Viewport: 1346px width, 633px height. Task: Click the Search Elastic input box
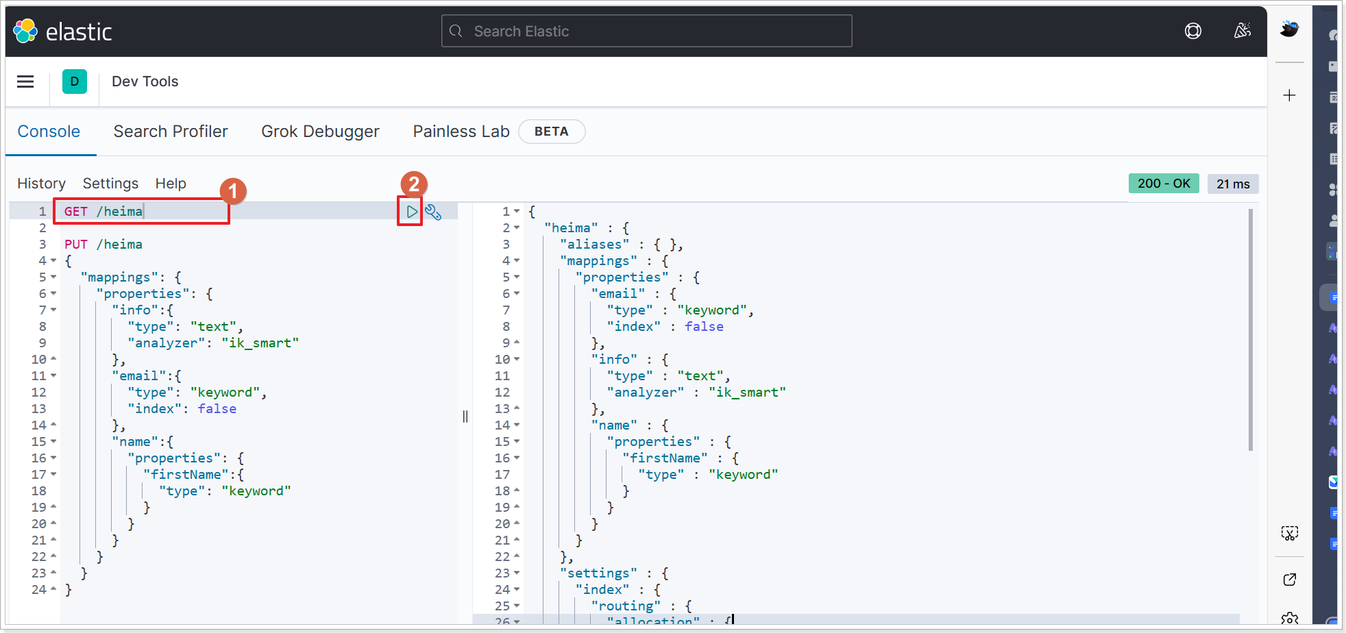coord(646,32)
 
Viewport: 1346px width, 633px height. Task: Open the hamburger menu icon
coord(25,82)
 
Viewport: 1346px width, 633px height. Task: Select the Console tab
coord(49,132)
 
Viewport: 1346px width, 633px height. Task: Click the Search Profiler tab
coord(171,132)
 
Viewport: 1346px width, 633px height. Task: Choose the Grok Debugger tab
coord(320,132)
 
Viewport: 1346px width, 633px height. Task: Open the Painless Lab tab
coord(461,132)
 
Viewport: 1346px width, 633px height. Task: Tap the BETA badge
coord(551,132)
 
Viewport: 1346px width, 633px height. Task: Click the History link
coord(41,184)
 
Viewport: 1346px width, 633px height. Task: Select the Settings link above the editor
coord(110,184)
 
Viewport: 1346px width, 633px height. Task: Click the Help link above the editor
coord(171,184)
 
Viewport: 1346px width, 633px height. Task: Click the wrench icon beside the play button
coord(433,212)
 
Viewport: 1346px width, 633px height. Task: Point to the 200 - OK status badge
coord(1163,184)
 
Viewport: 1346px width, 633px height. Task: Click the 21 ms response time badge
coord(1232,184)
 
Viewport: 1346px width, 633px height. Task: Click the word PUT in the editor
coord(76,245)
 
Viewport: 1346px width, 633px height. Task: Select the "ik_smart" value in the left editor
coord(260,343)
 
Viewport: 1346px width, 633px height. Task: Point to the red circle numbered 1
coord(233,191)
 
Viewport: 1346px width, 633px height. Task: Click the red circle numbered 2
coord(413,184)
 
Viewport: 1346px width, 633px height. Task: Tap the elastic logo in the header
coord(62,32)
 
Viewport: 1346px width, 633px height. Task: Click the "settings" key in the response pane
coord(598,573)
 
